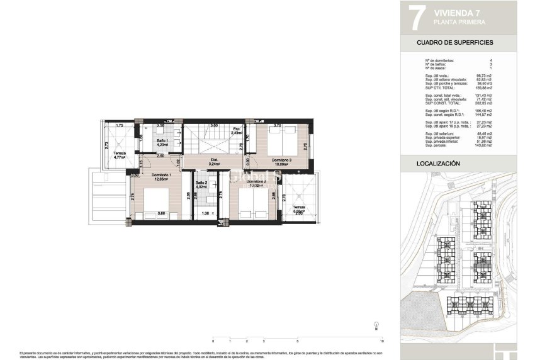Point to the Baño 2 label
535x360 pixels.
point(201,184)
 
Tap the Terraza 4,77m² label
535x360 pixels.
point(120,155)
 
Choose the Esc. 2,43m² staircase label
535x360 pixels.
point(237,132)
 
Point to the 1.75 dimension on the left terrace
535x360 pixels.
point(119,126)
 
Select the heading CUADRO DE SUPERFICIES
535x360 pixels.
point(454,43)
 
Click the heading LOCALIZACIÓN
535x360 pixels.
point(439,164)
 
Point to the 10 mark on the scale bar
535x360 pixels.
point(383,340)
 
